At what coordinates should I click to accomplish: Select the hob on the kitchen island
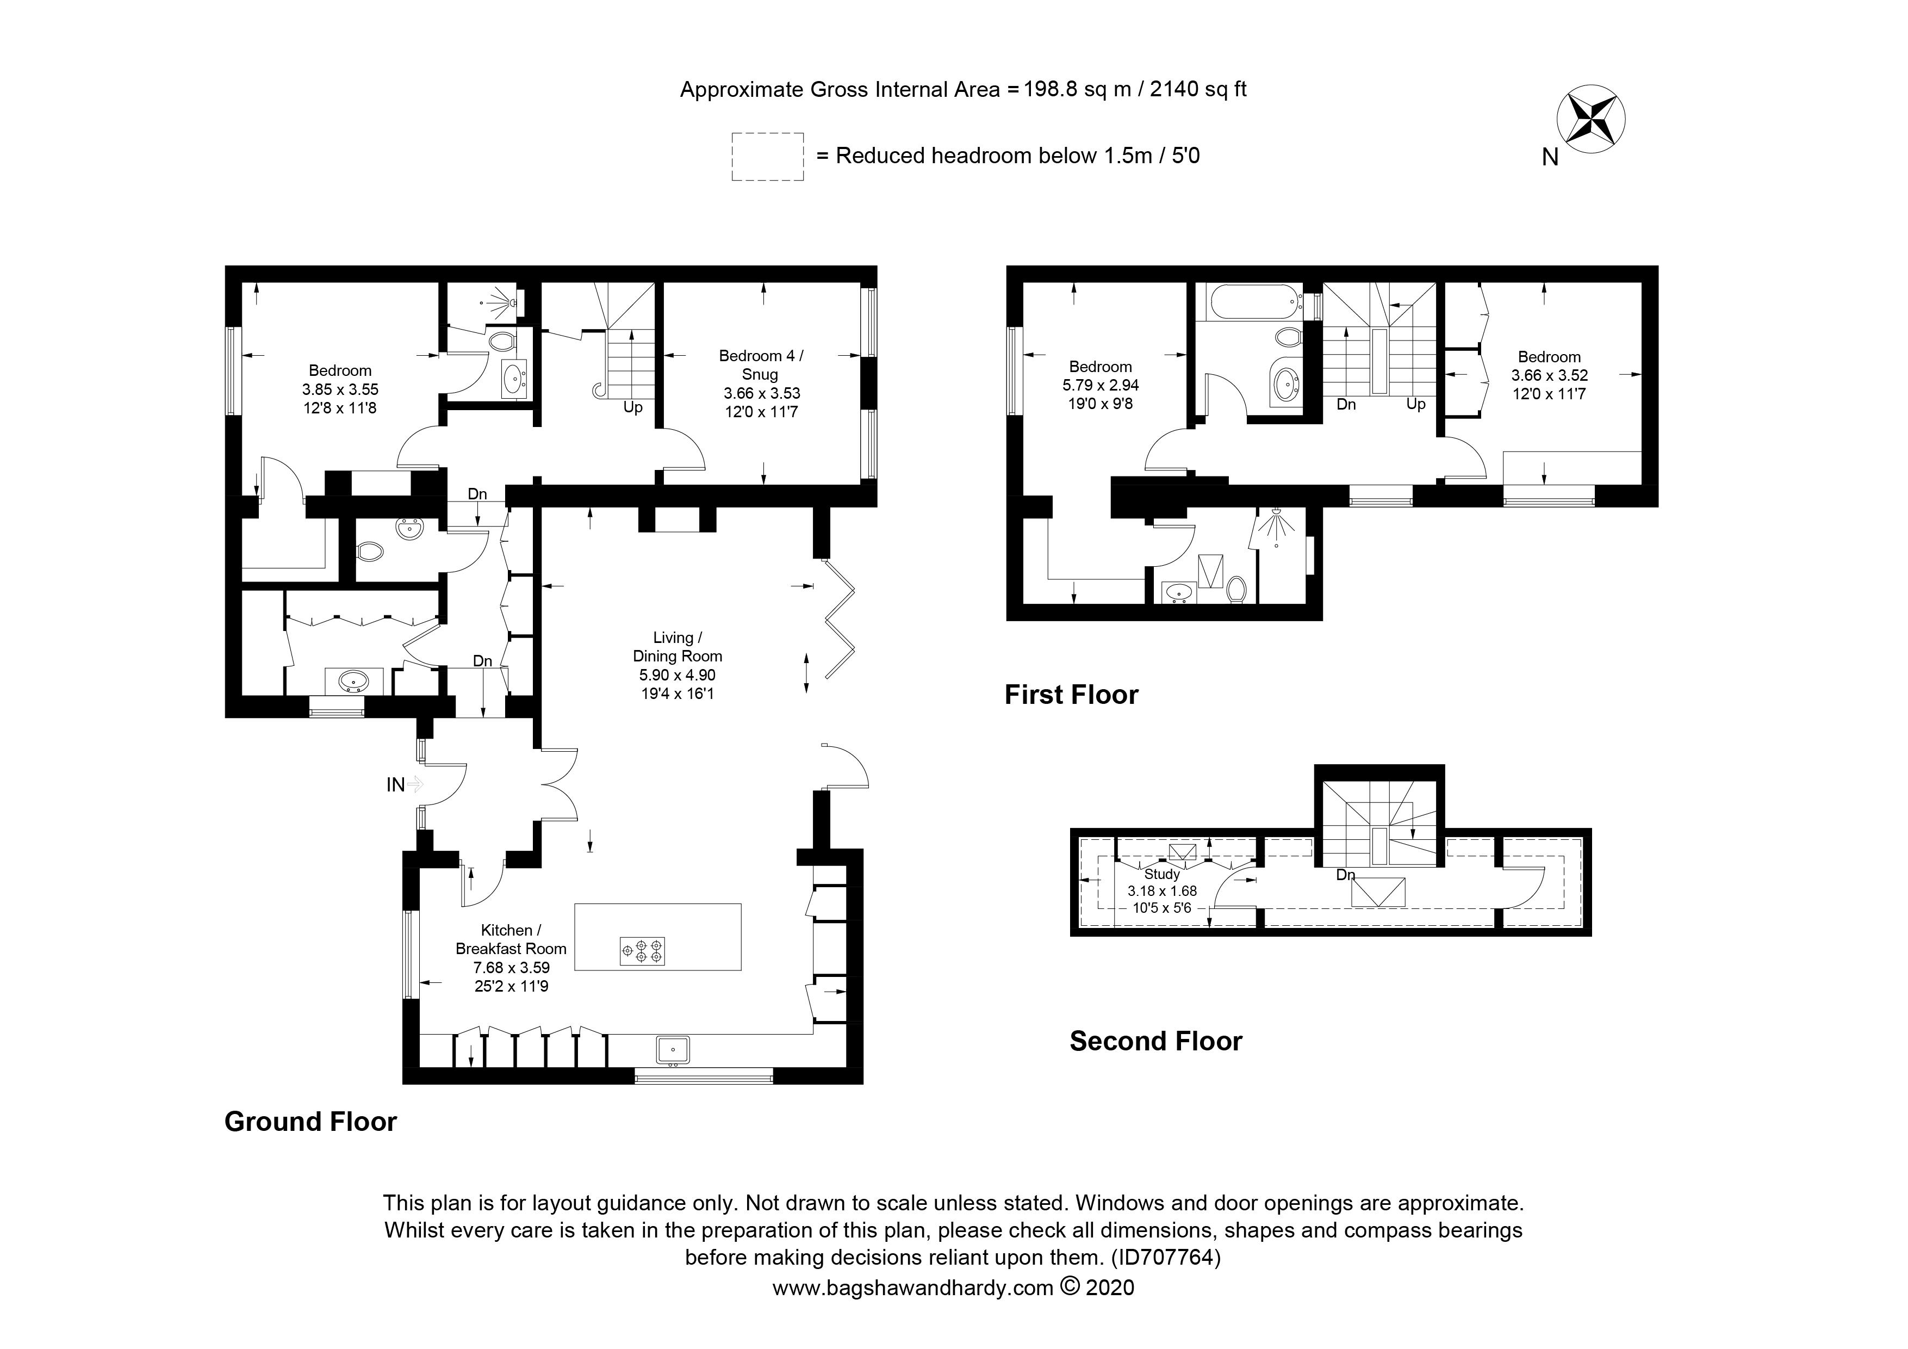642,951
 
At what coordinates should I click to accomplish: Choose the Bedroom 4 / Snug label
761,365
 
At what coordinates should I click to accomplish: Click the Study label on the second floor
1162,874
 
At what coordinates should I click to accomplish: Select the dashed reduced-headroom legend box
767,156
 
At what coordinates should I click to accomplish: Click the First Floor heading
1071,694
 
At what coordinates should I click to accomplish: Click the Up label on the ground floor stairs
633,407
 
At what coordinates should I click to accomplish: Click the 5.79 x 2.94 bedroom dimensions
1100,385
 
